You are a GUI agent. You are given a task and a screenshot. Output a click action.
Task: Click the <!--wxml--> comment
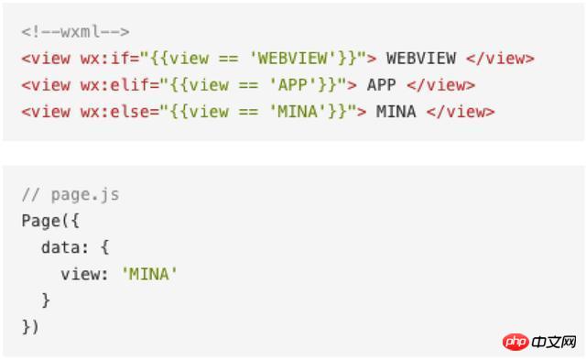75,32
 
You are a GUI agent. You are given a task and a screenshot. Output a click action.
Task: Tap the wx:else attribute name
114,112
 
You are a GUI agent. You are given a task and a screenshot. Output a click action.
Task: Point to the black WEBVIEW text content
421,59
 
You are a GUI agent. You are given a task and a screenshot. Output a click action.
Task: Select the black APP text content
381,85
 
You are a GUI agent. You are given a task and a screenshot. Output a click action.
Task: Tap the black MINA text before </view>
396,112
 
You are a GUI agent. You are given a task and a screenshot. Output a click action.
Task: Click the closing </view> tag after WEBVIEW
501,59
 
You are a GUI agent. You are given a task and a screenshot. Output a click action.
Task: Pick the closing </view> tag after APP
441,85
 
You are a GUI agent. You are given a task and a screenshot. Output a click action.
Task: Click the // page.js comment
71,195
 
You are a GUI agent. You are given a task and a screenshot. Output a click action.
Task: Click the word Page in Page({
40,221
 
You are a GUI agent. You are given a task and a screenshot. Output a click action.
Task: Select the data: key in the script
65,247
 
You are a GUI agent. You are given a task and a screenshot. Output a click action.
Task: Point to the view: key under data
84,275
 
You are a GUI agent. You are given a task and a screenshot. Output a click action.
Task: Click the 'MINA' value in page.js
149,275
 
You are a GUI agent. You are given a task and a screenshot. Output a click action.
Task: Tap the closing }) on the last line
30,327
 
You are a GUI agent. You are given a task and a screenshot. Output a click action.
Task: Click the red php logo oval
515,342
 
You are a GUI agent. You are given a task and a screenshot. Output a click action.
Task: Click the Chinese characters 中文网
553,342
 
